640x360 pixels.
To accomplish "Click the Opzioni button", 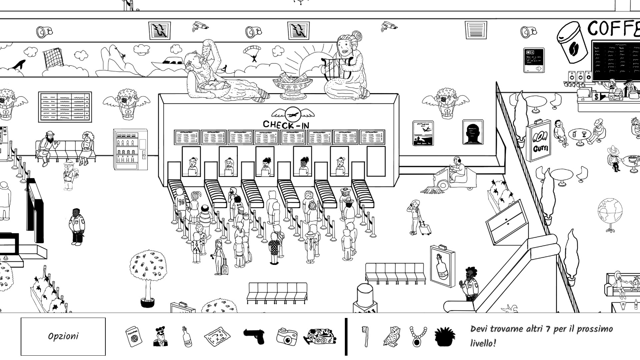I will tap(63, 336).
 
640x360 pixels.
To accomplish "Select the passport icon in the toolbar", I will tap(133, 336).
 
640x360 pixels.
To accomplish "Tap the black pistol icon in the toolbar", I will tap(254, 336).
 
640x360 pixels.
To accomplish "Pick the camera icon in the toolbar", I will tap(286, 336).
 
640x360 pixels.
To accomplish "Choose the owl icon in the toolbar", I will tap(392, 336).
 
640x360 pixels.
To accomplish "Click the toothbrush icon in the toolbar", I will tap(366, 336).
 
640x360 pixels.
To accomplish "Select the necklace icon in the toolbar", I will tap(418, 336).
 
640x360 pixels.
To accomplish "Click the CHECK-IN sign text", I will tap(286, 125).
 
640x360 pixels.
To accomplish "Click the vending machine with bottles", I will tap(130, 149).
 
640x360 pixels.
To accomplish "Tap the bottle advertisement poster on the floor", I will tap(442, 266).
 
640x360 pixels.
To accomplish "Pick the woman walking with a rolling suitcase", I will tap(417, 217).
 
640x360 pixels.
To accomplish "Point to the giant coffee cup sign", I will tap(572, 42).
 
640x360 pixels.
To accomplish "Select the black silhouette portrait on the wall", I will tap(473, 132).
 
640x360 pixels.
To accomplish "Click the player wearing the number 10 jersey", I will tap(181, 203).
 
